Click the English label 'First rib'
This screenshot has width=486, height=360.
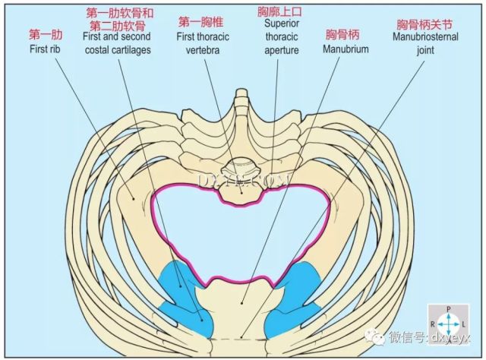point(45,49)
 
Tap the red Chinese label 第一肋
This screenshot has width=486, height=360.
point(46,35)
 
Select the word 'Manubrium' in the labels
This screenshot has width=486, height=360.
point(346,49)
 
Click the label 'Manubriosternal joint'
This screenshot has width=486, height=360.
point(425,43)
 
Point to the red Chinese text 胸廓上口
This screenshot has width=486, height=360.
point(279,12)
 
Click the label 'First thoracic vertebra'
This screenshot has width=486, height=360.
point(203,43)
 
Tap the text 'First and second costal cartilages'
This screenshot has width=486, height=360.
point(117,43)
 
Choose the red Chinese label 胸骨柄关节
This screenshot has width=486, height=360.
point(424,24)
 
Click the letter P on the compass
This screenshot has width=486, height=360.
point(449,309)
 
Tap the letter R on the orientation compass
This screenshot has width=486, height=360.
point(433,324)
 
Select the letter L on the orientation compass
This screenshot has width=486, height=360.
point(464,324)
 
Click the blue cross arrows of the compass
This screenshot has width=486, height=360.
point(449,324)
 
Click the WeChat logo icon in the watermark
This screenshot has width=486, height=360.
point(374,336)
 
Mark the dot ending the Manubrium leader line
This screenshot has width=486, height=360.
point(241,303)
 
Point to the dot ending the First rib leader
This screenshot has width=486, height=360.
point(134,198)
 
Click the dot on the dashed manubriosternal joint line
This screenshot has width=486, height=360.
point(241,336)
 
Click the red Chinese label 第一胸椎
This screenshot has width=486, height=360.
point(200,22)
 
